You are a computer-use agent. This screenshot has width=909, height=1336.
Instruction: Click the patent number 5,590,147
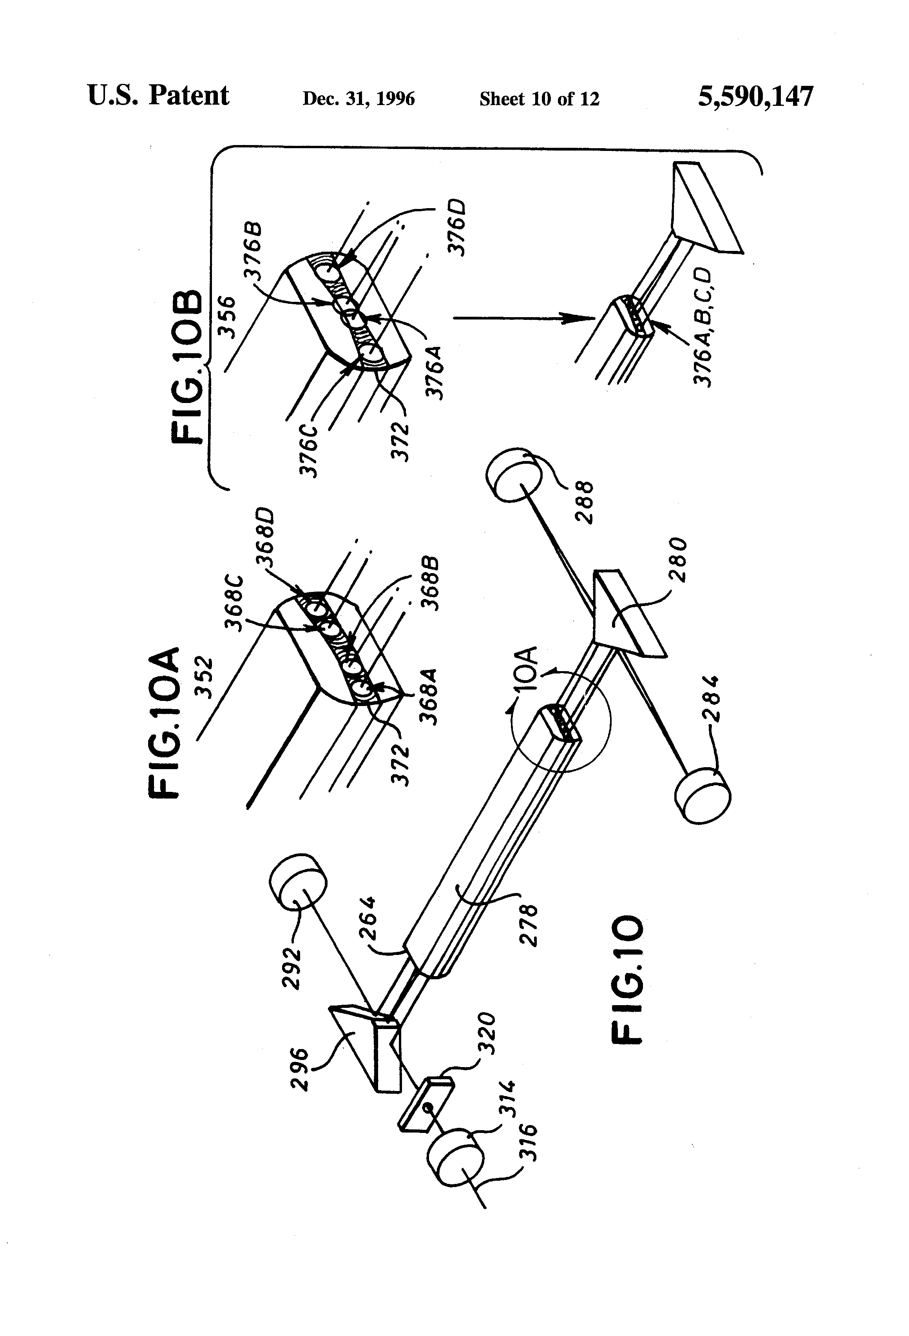pos(755,96)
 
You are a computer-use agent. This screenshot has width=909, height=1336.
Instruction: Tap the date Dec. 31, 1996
pos(359,99)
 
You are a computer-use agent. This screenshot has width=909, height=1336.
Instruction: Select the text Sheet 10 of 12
pos(539,99)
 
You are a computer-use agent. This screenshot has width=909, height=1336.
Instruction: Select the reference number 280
pos(678,559)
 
